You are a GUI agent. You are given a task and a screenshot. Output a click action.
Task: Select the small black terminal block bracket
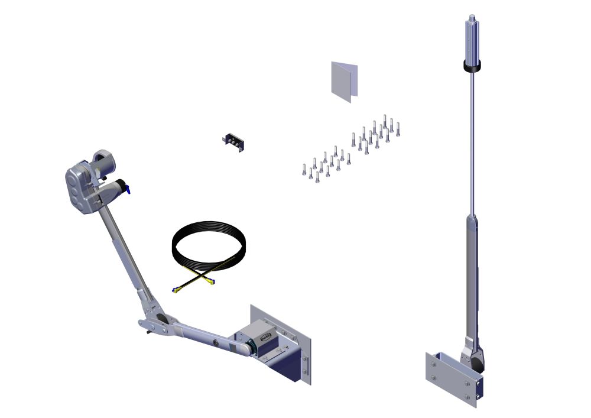coord(234,142)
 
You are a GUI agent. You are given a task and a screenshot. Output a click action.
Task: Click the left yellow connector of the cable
coord(176,289)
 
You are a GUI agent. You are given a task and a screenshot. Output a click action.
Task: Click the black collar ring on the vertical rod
coord(472,66)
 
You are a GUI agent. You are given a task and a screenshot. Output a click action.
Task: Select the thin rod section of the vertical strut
coord(472,142)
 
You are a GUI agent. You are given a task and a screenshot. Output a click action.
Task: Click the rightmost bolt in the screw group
coord(398,128)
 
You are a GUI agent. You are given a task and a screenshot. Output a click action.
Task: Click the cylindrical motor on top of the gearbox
coord(105,159)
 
